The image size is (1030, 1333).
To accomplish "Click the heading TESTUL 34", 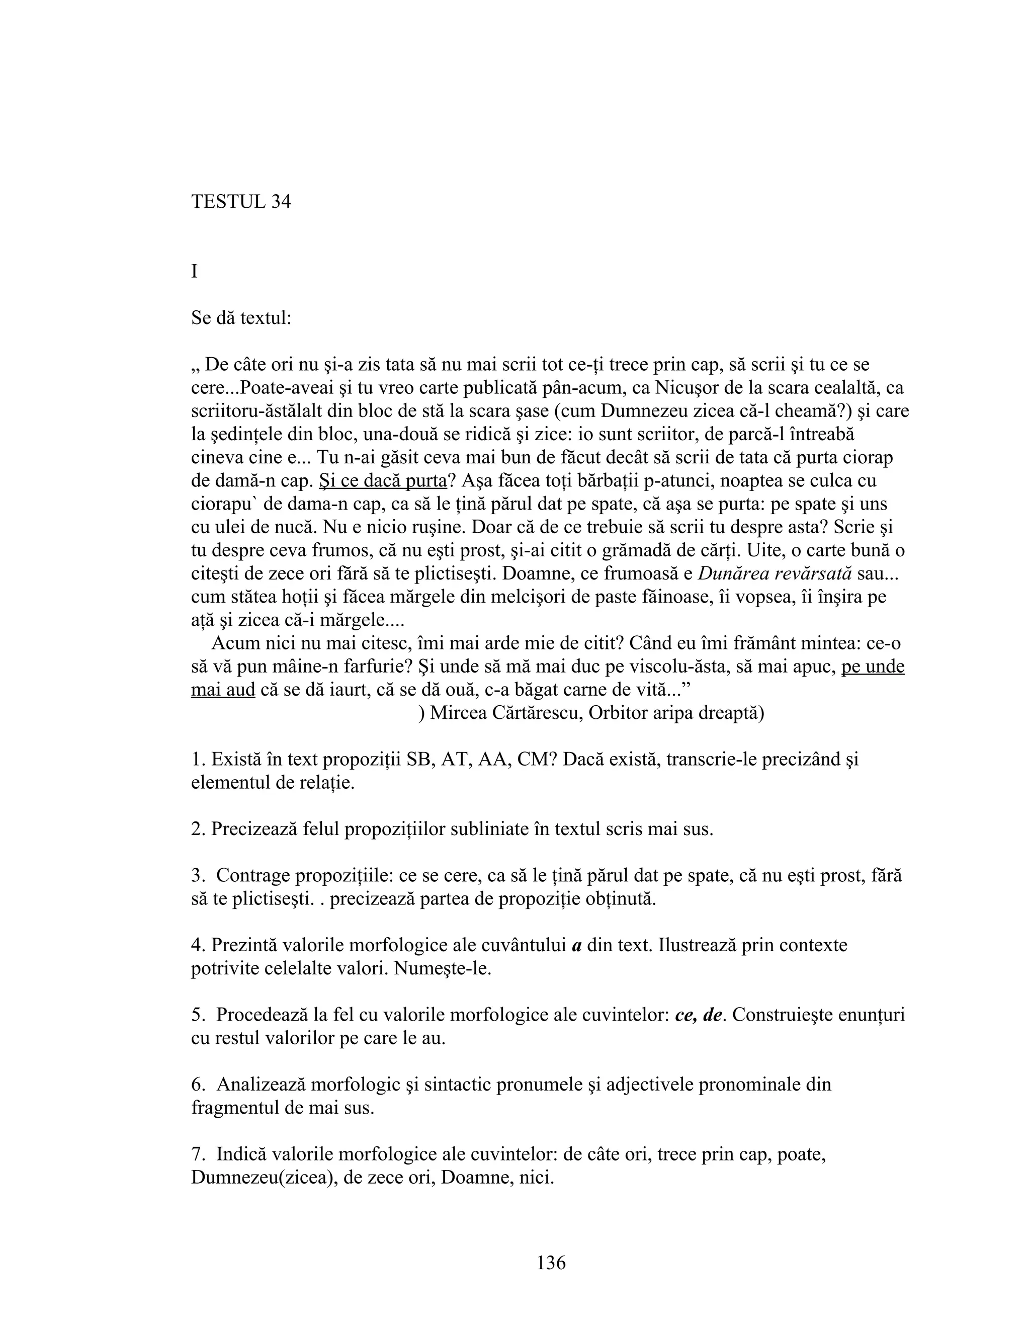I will (241, 201).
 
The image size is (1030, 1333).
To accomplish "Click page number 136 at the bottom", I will (551, 1263).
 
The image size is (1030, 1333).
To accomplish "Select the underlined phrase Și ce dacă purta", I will (383, 481).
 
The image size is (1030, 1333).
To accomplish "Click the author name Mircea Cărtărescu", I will (506, 713).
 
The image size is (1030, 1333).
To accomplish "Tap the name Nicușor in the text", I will (690, 388).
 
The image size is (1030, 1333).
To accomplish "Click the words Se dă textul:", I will (241, 318).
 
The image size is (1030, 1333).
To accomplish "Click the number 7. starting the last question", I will (198, 1154).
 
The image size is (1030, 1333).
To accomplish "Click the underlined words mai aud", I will (223, 690).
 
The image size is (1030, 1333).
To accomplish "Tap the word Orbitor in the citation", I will (618, 713).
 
